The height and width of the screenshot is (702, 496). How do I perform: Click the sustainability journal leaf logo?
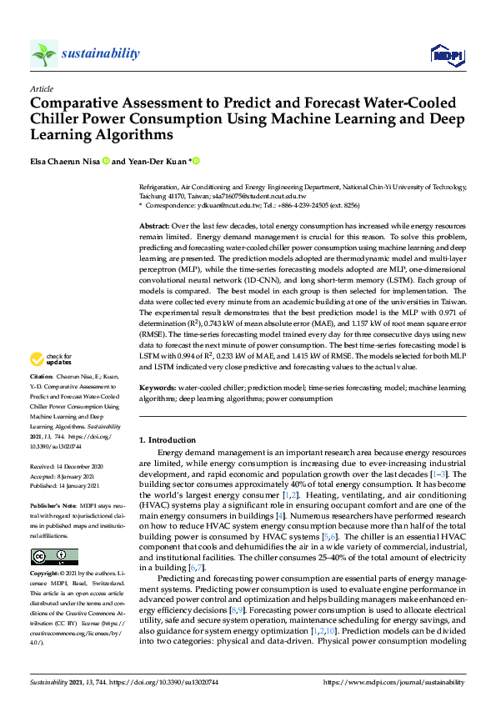point(44,54)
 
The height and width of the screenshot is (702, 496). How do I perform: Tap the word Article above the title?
point(41,88)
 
